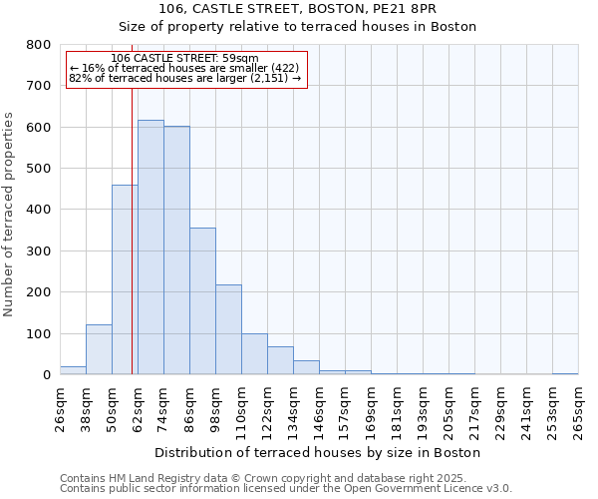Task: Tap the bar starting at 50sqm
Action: [125, 279]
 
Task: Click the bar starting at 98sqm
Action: [228, 329]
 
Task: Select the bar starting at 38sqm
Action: [99, 349]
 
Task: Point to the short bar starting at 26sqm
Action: [73, 370]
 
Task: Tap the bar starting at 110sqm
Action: [254, 354]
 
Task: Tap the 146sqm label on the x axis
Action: [320, 409]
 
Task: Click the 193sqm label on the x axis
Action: [424, 409]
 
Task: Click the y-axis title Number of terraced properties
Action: [10, 214]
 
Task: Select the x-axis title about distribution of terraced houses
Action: [318, 452]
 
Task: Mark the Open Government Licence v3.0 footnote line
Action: [285, 488]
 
